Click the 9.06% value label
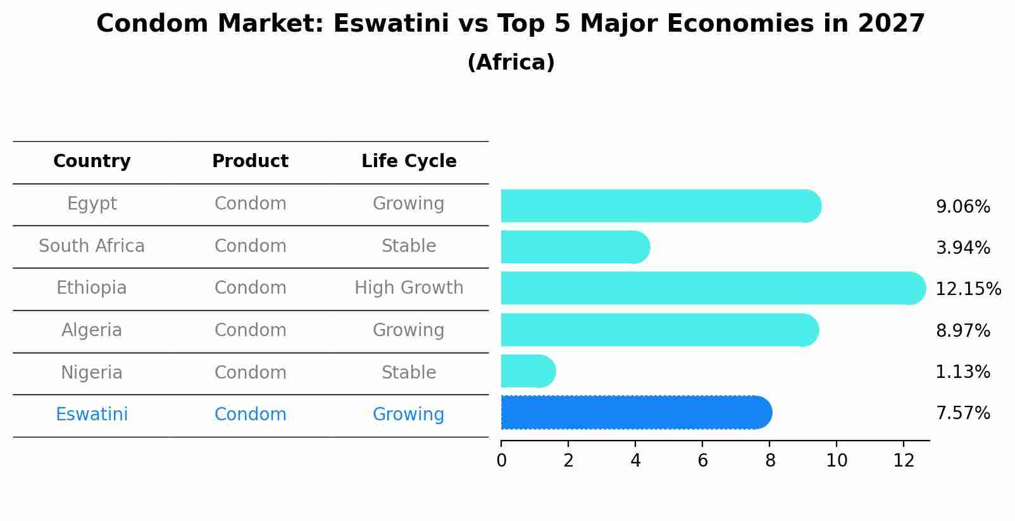click(962, 207)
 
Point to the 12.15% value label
click(968, 289)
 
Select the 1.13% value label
click(962, 372)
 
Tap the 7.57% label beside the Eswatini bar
click(962, 413)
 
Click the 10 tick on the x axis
click(837, 461)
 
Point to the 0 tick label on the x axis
click(501, 461)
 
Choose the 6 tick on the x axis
click(702, 461)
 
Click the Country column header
click(92, 161)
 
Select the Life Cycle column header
click(409, 161)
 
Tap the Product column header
click(250, 161)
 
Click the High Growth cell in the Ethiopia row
click(409, 288)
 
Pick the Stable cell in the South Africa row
click(409, 246)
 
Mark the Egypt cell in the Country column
click(92, 204)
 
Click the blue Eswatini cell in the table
click(92, 415)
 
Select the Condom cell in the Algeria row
click(250, 330)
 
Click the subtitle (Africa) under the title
click(511, 63)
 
